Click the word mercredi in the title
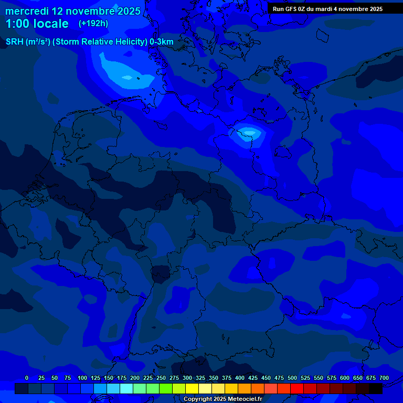pyautogui.click(x=27, y=11)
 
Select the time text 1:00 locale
pyautogui.click(x=37, y=24)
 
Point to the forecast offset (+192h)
pyautogui.click(x=93, y=24)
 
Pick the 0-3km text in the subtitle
pyautogui.click(x=161, y=42)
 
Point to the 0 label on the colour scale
pyautogui.click(x=27, y=378)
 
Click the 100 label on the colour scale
pyautogui.click(x=82, y=378)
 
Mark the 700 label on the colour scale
pyautogui.click(x=384, y=378)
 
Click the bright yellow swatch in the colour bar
pyautogui.click(x=192, y=388)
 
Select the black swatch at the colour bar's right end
pyautogui.click(x=376, y=388)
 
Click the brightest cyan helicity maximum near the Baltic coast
pyautogui.click(x=247, y=132)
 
